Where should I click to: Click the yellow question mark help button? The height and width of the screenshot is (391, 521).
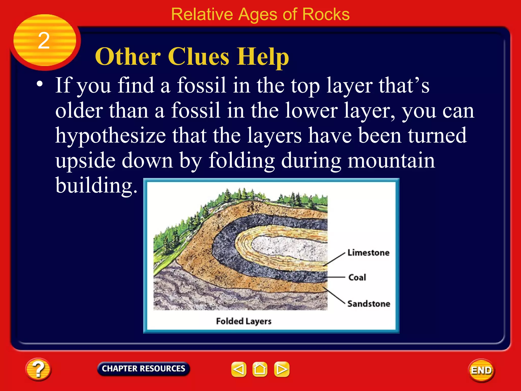click(x=38, y=369)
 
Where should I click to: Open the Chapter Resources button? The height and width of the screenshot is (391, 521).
click(x=143, y=369)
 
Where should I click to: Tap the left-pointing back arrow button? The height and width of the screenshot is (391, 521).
click(x=239, y=369)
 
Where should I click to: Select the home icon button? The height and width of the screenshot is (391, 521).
click(x=260, y=369)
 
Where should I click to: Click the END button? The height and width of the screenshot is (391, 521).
click(x=481, y=370)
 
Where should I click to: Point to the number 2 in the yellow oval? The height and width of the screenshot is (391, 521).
click(x=44, y=41)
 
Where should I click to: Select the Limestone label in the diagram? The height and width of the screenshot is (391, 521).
click(x=368, y=253)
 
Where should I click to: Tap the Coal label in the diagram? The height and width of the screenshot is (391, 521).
click(x=357, y=277)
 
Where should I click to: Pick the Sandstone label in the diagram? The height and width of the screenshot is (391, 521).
click(x=369, y=304)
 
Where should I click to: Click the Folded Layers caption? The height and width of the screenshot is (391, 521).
click(x=244, y=321)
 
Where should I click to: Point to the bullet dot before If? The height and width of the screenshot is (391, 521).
click(x=39, y=84)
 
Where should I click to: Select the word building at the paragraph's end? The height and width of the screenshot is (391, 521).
click(x=96, y=185)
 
